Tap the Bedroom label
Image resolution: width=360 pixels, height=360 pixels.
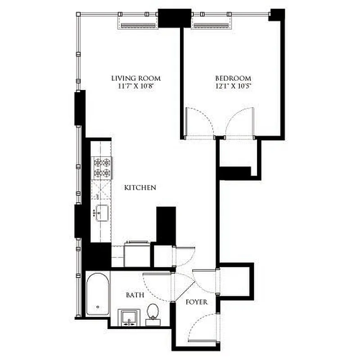point(233,78)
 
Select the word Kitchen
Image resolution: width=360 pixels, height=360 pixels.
point(140,187)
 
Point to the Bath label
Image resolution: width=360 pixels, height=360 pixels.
point(135,295)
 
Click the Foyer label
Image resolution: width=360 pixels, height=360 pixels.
point(197,302)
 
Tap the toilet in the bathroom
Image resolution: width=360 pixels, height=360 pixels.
point(153,312)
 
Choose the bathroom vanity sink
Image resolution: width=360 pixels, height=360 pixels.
point(130,317)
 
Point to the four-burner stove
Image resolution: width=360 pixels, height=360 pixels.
point(101,167)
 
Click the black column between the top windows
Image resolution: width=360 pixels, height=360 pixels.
point(175,18)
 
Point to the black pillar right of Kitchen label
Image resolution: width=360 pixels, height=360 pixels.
point(166,225)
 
